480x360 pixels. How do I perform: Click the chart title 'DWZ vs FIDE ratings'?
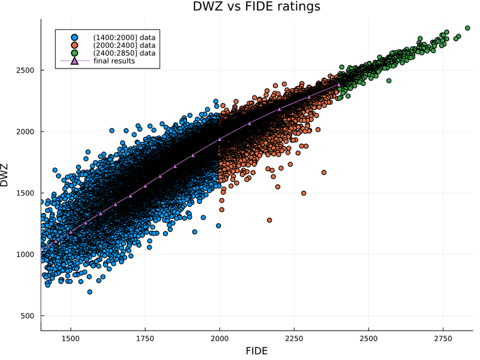coord(256,7)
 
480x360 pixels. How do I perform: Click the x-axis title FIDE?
coord(256,350)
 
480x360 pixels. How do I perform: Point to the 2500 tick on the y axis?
coord(26,70)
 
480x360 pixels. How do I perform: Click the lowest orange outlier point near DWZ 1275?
coord(269,220)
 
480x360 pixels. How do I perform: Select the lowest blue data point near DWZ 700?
coord(90,292)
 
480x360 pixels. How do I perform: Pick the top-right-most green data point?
coord(467,28)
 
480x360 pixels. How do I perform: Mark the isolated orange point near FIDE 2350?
coord(324,172)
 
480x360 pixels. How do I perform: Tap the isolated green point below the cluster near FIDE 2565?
coord(389,80)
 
